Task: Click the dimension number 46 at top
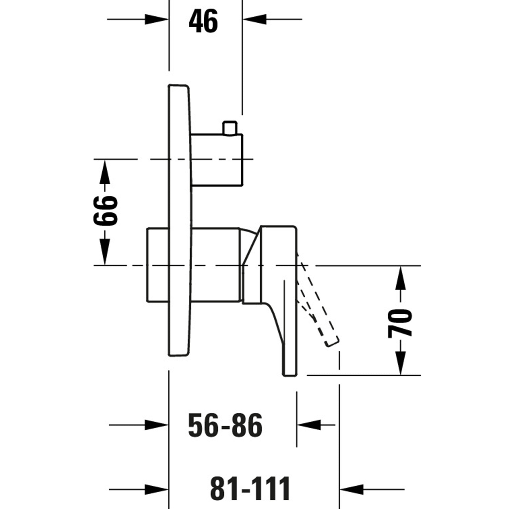tap(203, 21)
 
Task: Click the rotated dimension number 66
tap(105, 211)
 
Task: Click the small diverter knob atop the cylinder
tap(230, 128)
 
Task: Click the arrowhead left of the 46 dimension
tap(157, 19)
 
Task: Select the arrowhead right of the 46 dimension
tap(254, 19)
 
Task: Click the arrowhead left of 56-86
tap(157, 425)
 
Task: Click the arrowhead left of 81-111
tap(157, 489)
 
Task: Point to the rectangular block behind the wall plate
tap(158, 265)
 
